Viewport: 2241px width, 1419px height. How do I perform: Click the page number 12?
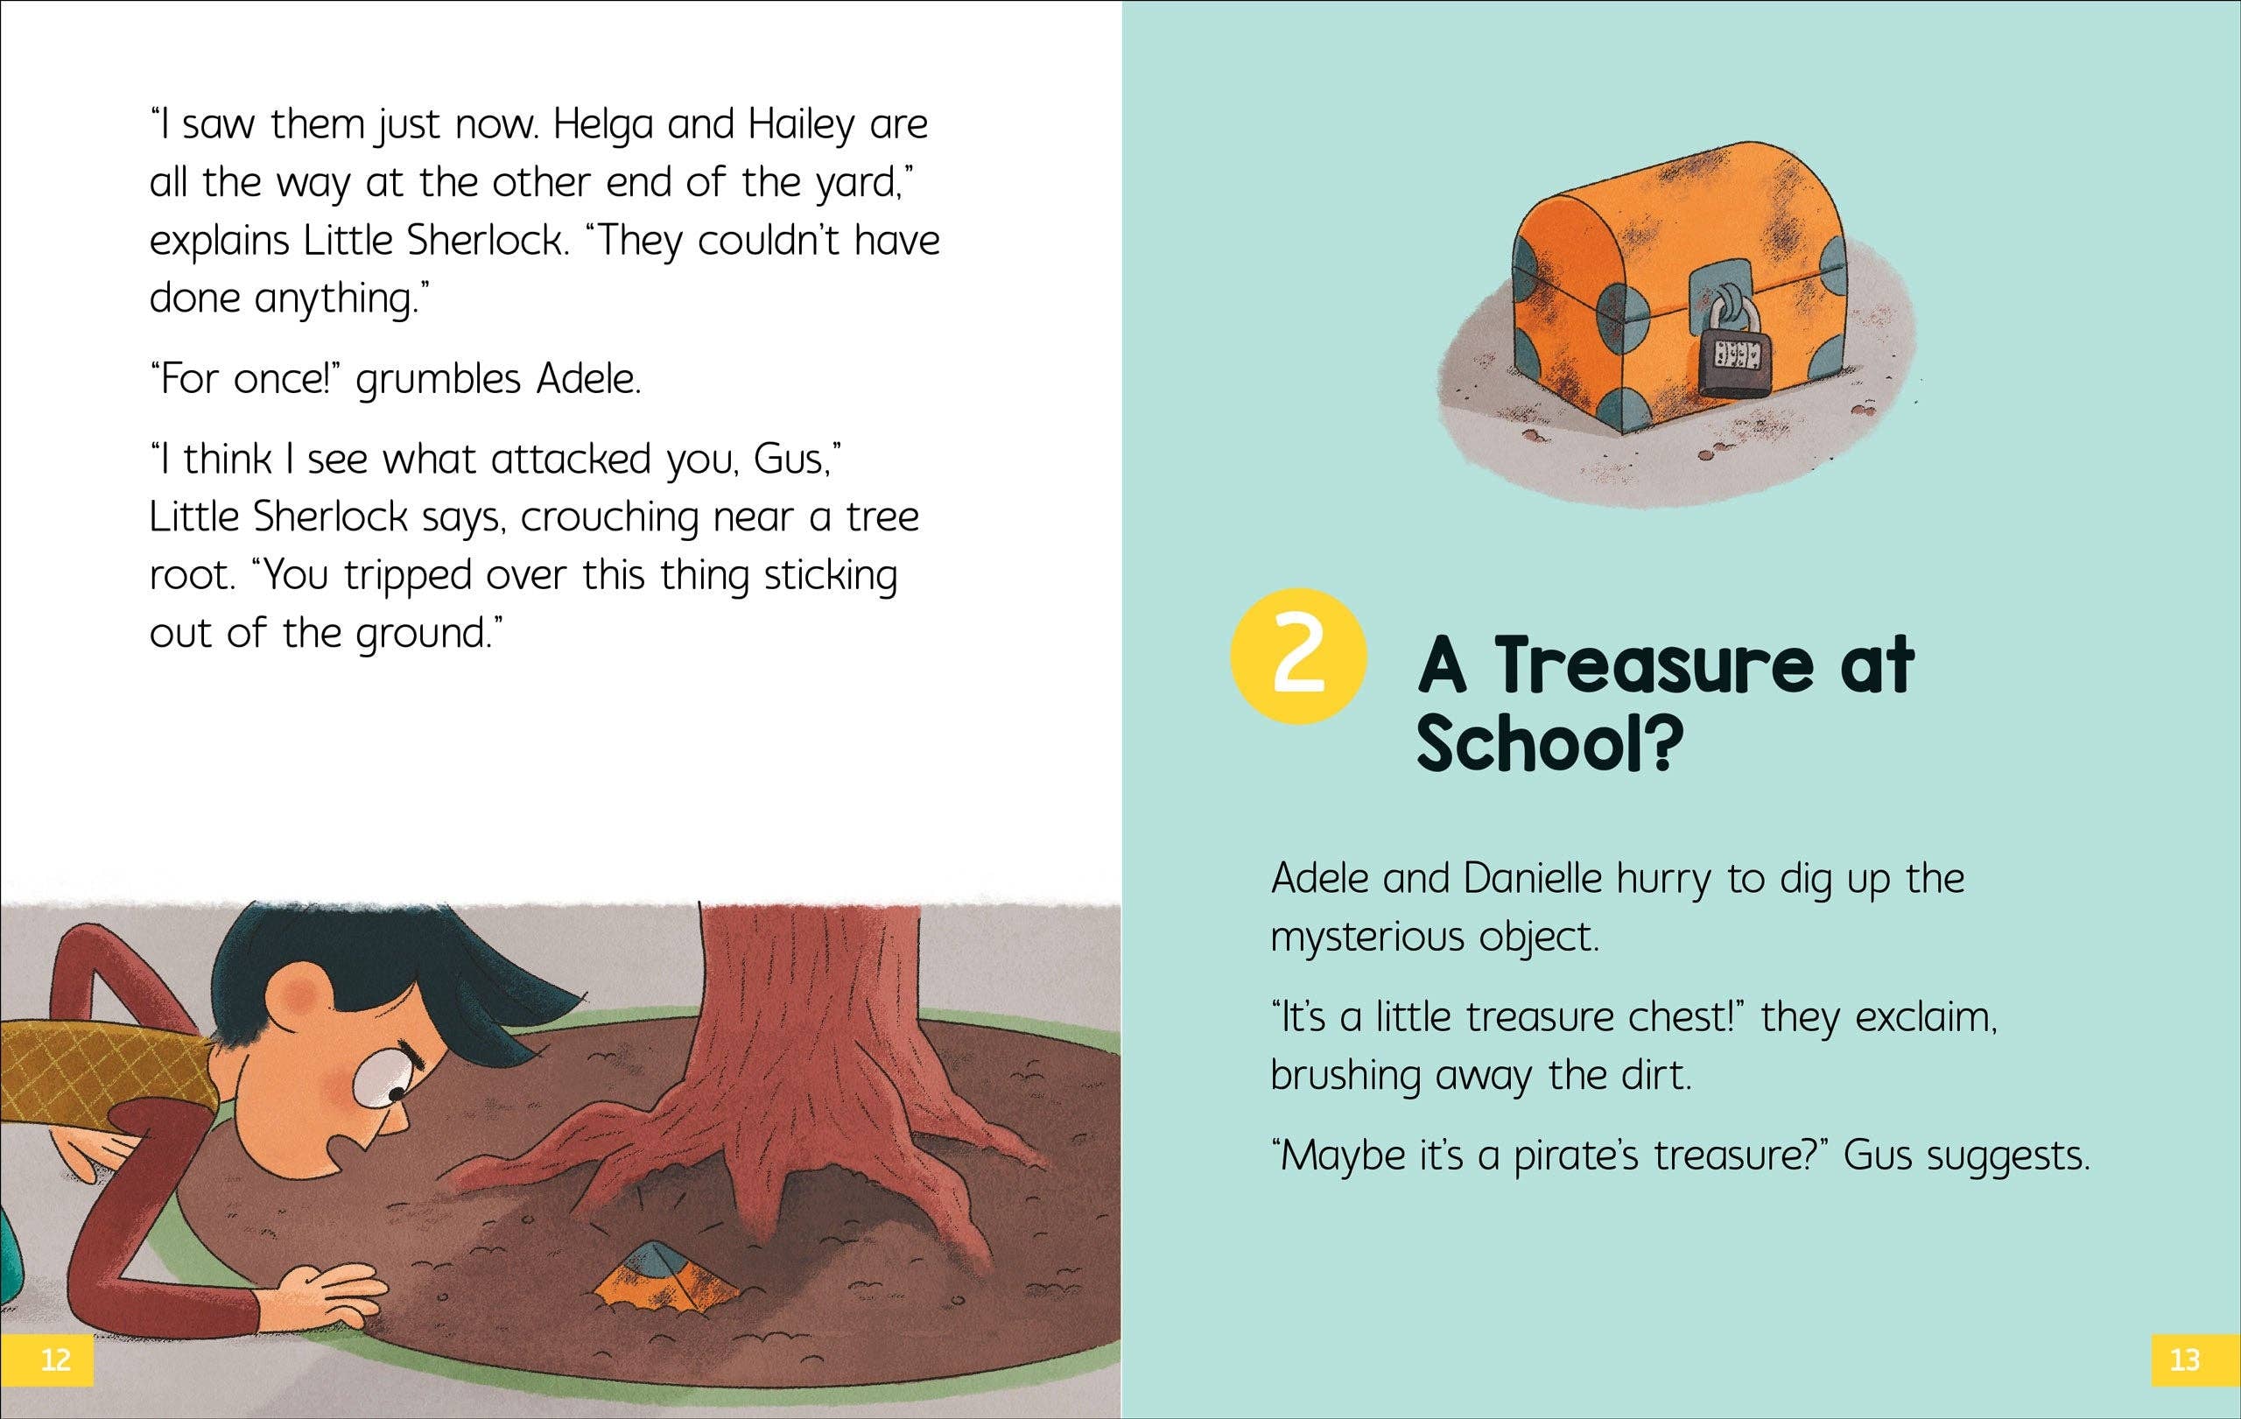[56, 1359]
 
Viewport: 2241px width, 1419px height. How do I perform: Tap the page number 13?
[2184, 1359]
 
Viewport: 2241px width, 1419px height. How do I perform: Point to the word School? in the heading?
[1551, 744]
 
